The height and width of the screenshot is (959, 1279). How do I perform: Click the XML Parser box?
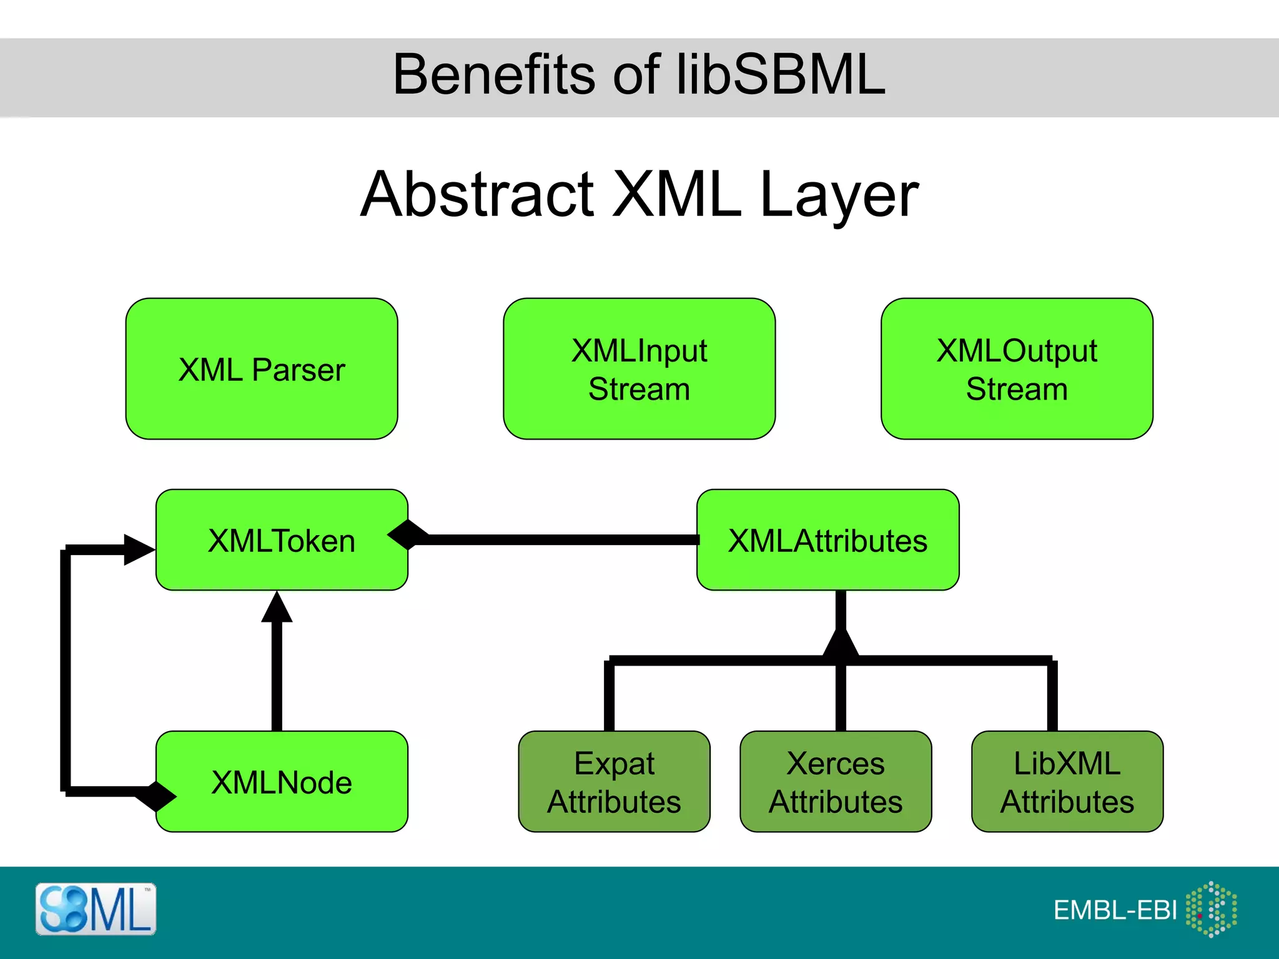click(x=262, y=369)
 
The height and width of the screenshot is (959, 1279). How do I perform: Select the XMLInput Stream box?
click(x=639, y=369)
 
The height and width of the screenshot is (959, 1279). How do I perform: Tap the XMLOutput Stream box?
click(x=1017, y=369)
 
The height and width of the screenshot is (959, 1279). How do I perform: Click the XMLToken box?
click(x=282, y=540)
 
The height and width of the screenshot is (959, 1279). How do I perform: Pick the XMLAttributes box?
click(x=827, y=540)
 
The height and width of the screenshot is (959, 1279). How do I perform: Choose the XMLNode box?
click(x=282, y=782)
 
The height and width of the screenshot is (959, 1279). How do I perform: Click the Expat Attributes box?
click(x=614, y=782)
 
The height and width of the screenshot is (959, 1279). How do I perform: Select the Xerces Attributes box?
click(x=836, y=782)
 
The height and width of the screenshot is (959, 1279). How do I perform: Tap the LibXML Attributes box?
click(x=1067, y=782)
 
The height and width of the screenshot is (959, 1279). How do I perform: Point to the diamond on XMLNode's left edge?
click(x=156, y=796)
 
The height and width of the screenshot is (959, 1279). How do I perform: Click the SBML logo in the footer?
click(x=96, y=909)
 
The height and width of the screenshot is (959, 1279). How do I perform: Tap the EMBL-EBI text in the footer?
click(x=1115, y=910)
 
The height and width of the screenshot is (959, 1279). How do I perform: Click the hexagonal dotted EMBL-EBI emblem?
click(x=1211, y=909)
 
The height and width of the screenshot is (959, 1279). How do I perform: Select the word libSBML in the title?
click(x=781, y=74)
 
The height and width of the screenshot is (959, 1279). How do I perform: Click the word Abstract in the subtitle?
click(x=478, y=195)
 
